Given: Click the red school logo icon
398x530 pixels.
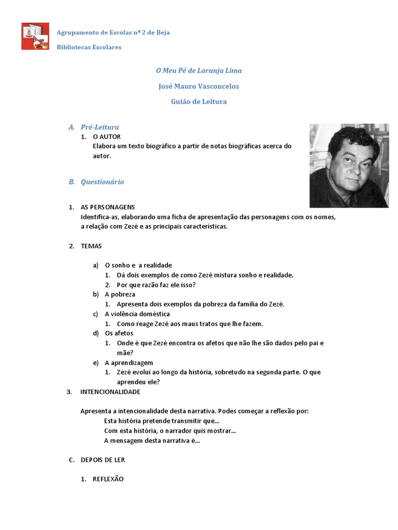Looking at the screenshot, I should [35, 36].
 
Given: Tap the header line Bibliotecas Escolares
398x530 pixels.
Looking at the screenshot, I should [89, 47].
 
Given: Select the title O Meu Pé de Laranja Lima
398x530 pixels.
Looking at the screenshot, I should [199, 70].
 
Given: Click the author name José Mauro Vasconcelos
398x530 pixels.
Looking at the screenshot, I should [199, 86].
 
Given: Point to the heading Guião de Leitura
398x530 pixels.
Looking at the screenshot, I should [199, 101].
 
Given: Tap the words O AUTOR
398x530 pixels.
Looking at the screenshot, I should [107, 137].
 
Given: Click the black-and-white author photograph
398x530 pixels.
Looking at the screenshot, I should [349, 165].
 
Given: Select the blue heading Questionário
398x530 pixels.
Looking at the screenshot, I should [102, 182].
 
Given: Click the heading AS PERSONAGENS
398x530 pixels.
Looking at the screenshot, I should [108, 207].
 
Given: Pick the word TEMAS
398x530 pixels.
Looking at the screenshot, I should [91, 246].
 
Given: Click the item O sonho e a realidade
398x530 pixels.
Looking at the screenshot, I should [138, 265].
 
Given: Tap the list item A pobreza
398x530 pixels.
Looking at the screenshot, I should [120, 294].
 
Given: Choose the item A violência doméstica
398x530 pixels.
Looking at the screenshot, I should [137, 314].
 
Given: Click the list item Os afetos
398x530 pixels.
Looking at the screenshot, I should [119, 333].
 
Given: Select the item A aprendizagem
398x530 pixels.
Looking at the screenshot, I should [129, 362].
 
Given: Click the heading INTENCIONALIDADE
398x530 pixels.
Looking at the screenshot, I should [110, 392].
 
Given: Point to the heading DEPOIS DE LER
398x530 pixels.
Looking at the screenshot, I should [103, 460].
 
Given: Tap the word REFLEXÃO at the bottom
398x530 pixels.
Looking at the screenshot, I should [108, 479].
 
